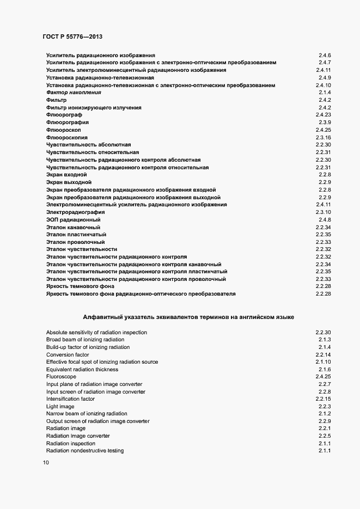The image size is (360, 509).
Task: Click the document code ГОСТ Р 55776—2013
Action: pyautogui.click(x=72, y=36)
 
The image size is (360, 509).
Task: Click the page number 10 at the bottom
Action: pyautogui.click(x=46, y=463)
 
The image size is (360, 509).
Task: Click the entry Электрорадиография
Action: pyautogui.click(x=75, y=212)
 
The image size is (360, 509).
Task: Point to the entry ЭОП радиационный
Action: pyautogui.click(x=69, y=219)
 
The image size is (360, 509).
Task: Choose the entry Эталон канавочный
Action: pyautogui.click(x=73, y=227)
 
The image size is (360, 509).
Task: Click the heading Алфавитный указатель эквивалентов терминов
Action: pyautogui.click(x=188, y=316)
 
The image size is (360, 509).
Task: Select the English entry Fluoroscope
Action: pyautogui.click(x=61, y=377)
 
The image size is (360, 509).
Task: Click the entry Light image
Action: pyautogui.click(x=60, y=407)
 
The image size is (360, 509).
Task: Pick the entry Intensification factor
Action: pyautogui.click(x=70, y=399)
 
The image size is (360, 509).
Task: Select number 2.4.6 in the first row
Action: pyautogui.click(x=325, y=56)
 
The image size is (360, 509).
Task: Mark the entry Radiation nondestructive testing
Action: pyautogui.click(x=84, y=451)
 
